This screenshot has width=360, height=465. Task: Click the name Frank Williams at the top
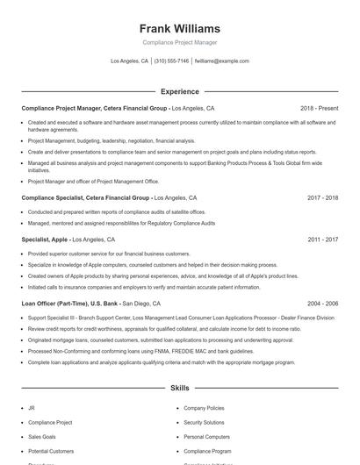pos(179,28)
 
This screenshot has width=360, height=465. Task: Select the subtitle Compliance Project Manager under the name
pos(179,42)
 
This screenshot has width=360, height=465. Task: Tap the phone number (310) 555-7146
pos(171,61)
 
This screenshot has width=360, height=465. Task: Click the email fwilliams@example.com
pos(222,61)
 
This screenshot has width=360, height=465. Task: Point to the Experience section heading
pos(179,91)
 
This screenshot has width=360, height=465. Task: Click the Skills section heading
pos(179,387)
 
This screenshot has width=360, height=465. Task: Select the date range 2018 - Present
pos(319,108)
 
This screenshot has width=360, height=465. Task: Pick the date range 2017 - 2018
pos(322,198)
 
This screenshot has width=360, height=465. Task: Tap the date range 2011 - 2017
pos(322,240)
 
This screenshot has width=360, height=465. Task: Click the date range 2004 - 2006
pos(322,303)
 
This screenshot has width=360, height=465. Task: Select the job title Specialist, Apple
pos(45,240)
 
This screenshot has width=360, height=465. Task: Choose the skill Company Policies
pos(204,408)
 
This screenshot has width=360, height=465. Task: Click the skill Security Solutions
pos(204,422)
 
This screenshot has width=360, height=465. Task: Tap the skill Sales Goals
pos(42,436)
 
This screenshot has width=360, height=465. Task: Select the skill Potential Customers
pos(51,450)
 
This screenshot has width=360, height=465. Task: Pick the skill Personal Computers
pos(206,436)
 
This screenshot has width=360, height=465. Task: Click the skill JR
pos(31,408)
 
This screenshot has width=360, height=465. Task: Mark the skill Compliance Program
pos(207,450)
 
